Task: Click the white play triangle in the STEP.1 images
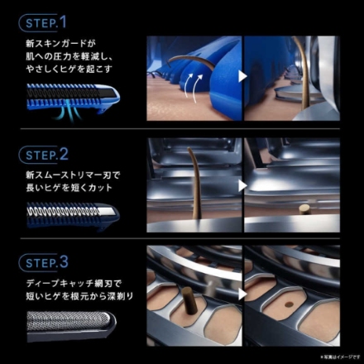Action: (x=243, y=77)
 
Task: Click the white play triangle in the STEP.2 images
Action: (x=243, y=185)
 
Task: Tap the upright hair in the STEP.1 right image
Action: (x=304, y=74)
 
